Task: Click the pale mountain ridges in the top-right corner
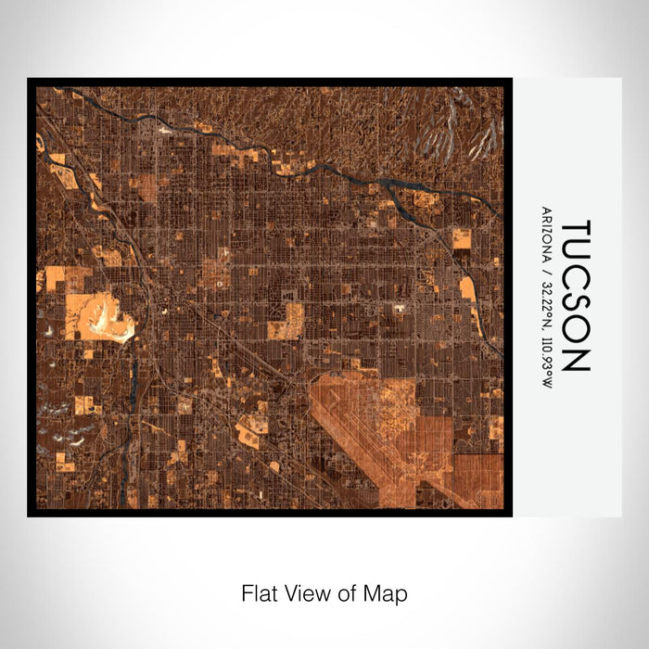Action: [454, 130]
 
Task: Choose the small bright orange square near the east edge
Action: [461, 238]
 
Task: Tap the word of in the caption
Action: [348, 592]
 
